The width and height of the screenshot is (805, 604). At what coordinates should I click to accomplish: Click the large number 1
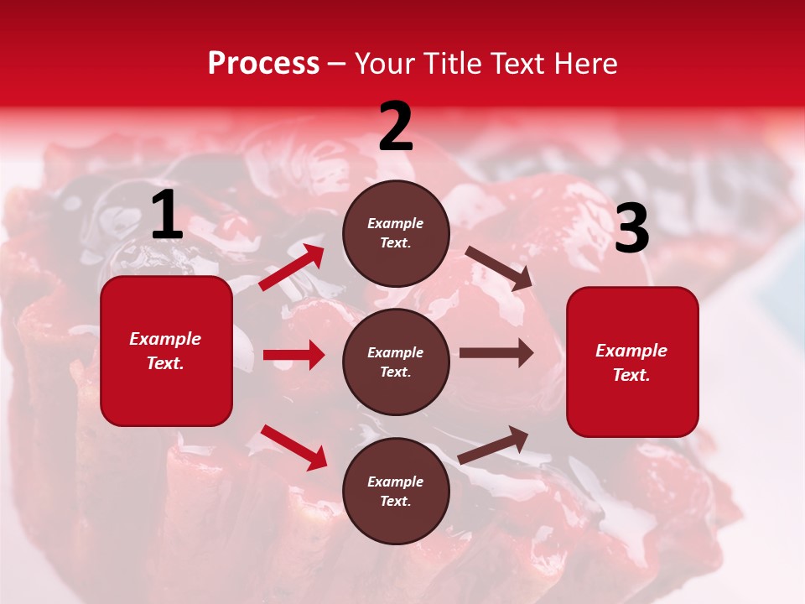[x=167, y=216]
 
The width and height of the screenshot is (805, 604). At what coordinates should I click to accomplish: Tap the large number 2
[x=396, y=127]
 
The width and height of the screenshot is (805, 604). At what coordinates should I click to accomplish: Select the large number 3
[x=631, y=228]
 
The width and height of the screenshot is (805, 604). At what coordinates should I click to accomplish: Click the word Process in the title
[x=263, y=64]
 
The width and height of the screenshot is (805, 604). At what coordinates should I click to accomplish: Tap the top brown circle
[x=396, y=233]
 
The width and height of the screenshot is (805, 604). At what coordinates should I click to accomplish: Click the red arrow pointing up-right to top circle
[x=292, y=268]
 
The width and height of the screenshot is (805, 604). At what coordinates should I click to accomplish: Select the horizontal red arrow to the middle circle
[x=293, y=355]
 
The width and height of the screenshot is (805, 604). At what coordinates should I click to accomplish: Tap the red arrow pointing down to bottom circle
[x=294, y=447]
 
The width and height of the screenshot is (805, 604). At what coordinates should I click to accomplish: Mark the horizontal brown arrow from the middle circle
[x=496, y=353]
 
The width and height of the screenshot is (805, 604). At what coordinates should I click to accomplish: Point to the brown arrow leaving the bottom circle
[x=494, y=445]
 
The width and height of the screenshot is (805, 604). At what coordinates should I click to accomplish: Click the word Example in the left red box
[x=165, y=339]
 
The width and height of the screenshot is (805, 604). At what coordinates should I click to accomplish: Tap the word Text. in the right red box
[x=631, y=375]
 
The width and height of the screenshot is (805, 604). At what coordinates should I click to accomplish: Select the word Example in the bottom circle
[x=396, y=482]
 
